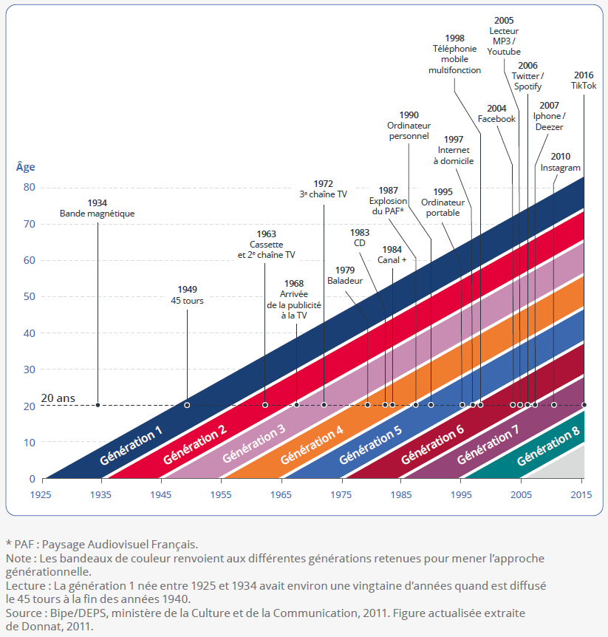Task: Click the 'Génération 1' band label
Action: coord(131,446)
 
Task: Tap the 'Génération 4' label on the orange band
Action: coord(311,445)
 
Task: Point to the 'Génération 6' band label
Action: coord(432,445)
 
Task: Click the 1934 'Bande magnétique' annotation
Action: coord(97,208)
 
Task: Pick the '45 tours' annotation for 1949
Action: coord(186,295)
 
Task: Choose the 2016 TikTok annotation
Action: coord(583,80)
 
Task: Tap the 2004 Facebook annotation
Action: coord(496,113)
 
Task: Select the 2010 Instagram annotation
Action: coord(560,162)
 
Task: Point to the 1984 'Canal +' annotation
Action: coord(392,254)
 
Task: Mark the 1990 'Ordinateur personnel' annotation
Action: coord(409,126)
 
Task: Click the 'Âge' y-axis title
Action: coord(25,167)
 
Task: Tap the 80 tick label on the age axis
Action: coord(28,188)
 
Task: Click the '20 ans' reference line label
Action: coord(58,398)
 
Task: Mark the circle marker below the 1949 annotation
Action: coord(186,405)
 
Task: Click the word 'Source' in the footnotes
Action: coord(23,613)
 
